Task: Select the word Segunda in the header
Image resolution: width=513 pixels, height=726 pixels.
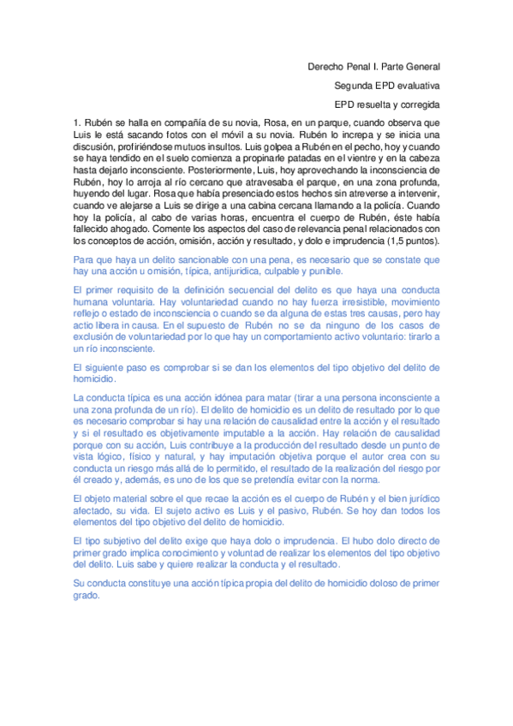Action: (352, 86)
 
